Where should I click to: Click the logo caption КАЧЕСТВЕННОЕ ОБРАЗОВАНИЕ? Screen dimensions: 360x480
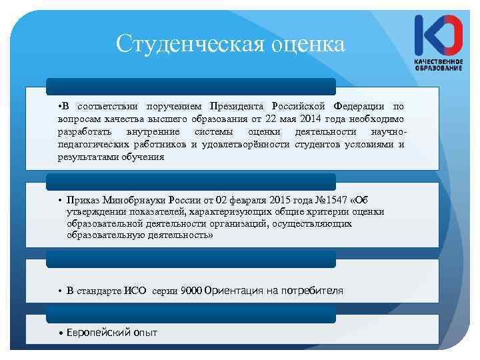coord(438,65)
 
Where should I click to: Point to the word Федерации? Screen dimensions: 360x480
coord(360,107)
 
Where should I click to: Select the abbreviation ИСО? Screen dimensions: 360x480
coord(137,291)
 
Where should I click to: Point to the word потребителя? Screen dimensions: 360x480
coord(313,291)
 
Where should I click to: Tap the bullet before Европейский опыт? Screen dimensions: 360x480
coord(61,332)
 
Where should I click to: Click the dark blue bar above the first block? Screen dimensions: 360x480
coord(191,87)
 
